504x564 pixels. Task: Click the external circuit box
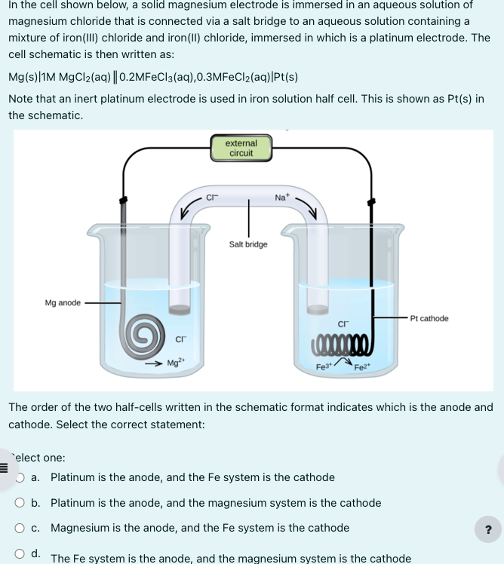tap(241, 148)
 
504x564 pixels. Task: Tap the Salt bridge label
tap(248, 244)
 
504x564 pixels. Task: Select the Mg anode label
tap(63, 303)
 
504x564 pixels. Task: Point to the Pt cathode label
tap(429, 318)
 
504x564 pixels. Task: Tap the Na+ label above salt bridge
tap(281, 198)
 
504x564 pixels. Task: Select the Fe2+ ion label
tap(364, 367)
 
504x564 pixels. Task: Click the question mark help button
tap(487, 530)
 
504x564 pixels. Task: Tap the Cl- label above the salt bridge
tap(212, 198)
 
